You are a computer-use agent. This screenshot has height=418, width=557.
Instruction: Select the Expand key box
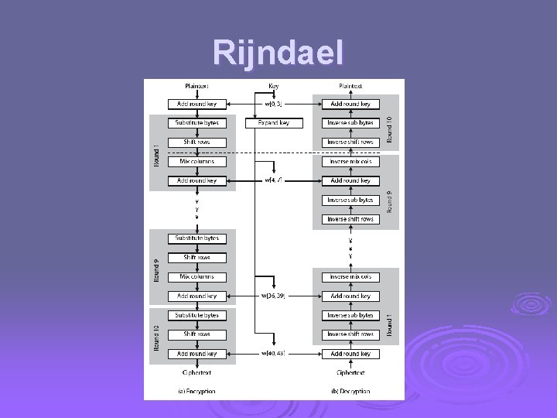click(274, 123)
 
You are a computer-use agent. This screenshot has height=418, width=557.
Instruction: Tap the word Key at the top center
click(274, 86)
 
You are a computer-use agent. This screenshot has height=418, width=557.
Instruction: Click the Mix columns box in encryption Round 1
click(196, 162)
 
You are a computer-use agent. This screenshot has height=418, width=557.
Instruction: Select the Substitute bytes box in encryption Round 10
click(196, 315)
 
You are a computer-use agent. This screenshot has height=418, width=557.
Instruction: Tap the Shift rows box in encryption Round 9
click(196, 258)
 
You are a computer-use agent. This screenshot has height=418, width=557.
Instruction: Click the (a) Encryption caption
click(196, 391)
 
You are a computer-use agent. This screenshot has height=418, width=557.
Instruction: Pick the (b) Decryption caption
click(350, 391)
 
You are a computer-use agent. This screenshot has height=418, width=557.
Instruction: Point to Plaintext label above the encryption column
click(196, 86)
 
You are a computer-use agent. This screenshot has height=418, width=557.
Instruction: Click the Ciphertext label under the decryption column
click(350, 372)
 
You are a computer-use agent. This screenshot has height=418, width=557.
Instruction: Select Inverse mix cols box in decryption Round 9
click(350, 162)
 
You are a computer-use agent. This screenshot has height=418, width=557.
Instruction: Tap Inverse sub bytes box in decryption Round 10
click(350, 123)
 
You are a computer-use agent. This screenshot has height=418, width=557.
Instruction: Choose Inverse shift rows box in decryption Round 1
click(350, 334)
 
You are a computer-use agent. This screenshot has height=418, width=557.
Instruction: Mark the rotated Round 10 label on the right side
click(389, 128)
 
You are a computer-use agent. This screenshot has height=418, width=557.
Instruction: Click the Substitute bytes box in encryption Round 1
click(196, 123)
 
